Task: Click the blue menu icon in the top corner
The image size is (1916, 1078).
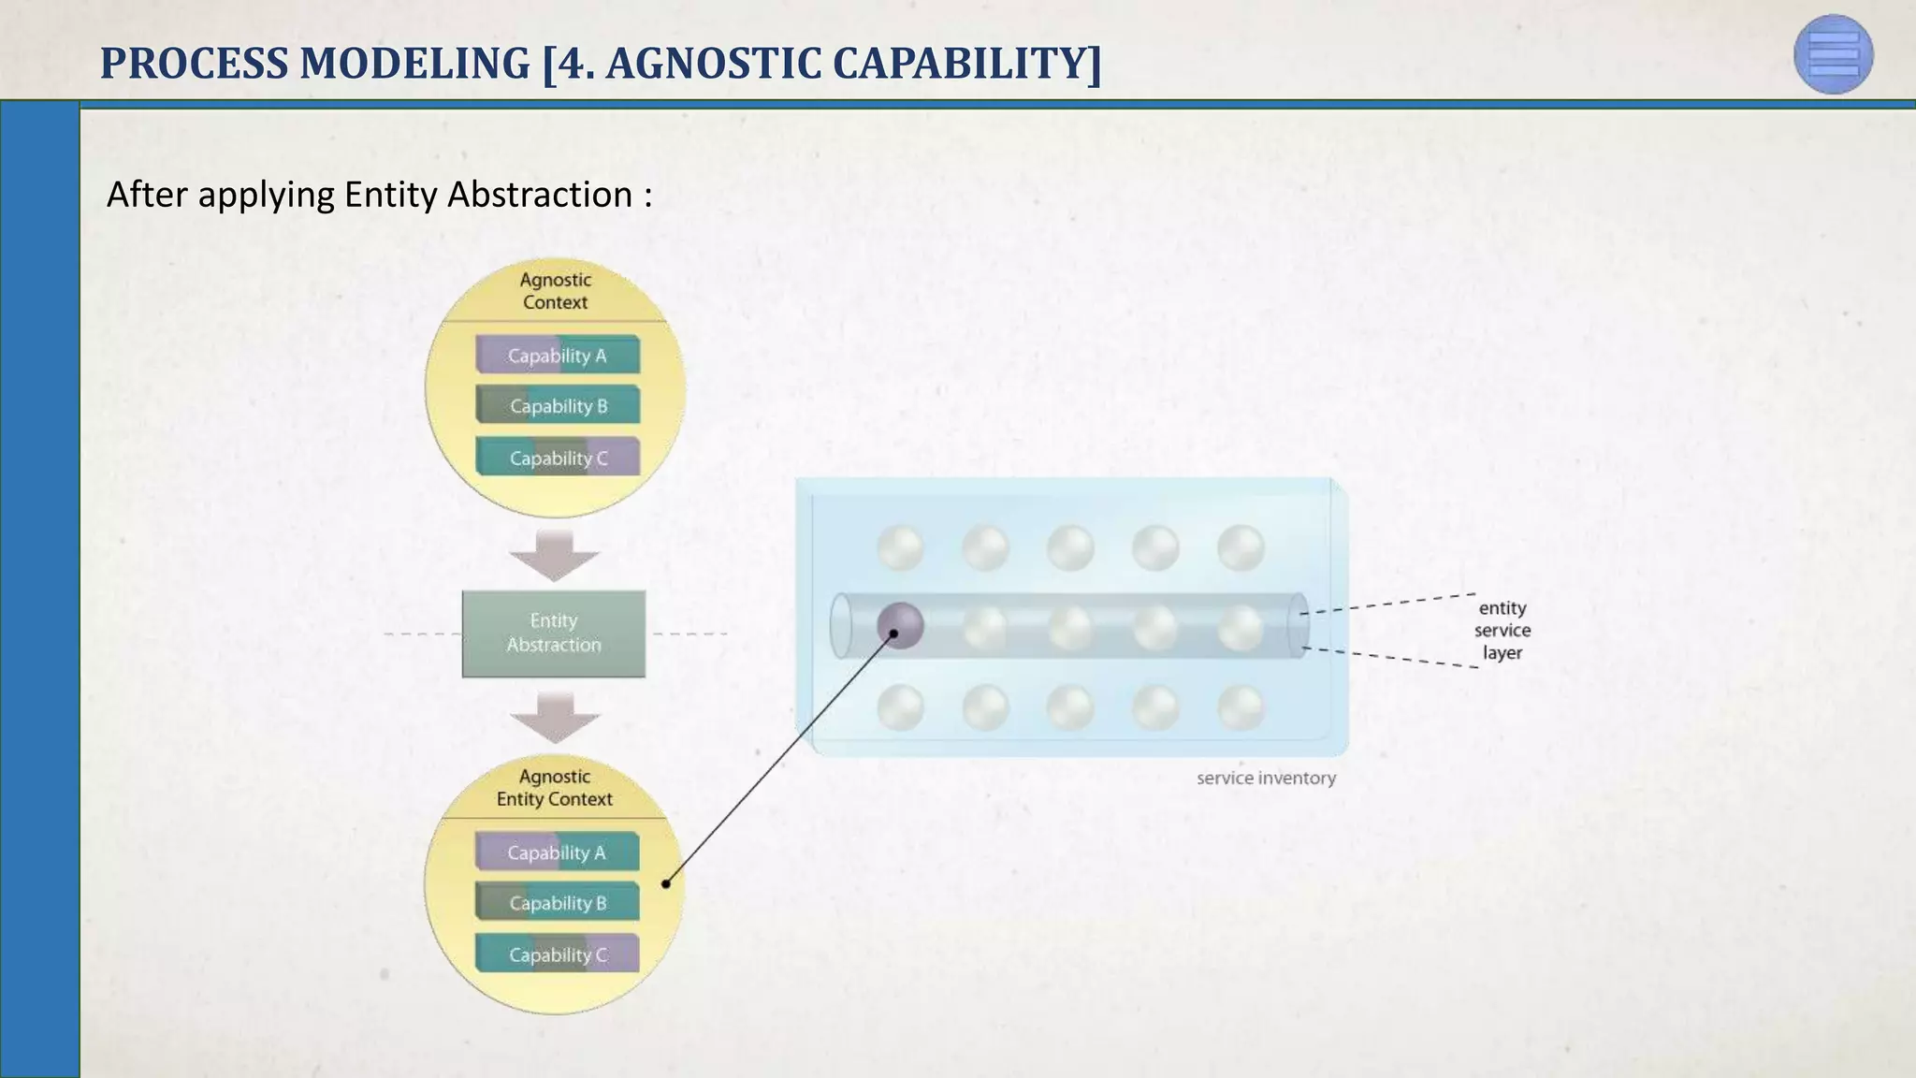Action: coord(1833,54)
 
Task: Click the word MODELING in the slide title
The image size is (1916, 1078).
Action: coord(414,64)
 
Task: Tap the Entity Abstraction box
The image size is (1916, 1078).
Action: coord(554,634)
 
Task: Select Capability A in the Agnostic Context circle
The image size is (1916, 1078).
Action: coord(558,356)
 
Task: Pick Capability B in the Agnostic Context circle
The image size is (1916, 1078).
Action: coord(558,406)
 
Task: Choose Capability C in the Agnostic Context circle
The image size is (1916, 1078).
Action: coord(558,458)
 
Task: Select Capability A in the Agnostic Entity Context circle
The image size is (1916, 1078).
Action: coord(557,852)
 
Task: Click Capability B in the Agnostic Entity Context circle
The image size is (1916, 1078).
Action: coord(557,903)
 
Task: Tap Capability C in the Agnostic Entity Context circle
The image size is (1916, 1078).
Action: coord(557,954)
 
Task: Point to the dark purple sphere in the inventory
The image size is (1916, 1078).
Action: coord(900,626)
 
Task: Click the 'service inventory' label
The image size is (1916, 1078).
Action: coord(1266,778)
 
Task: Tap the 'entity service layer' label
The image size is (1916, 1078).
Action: coord(1502,631)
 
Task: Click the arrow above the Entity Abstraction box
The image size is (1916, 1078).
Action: coord(555,555)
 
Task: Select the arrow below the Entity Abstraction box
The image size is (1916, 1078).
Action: coord(555,718)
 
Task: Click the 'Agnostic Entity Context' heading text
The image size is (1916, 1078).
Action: coord(555,788)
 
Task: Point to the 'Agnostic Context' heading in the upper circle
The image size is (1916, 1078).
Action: coord(555,291)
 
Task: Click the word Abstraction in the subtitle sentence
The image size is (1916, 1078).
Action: coord(540,195)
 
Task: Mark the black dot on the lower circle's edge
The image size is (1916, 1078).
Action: coord(666,883)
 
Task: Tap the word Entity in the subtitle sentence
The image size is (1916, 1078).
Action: coord(391,195)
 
